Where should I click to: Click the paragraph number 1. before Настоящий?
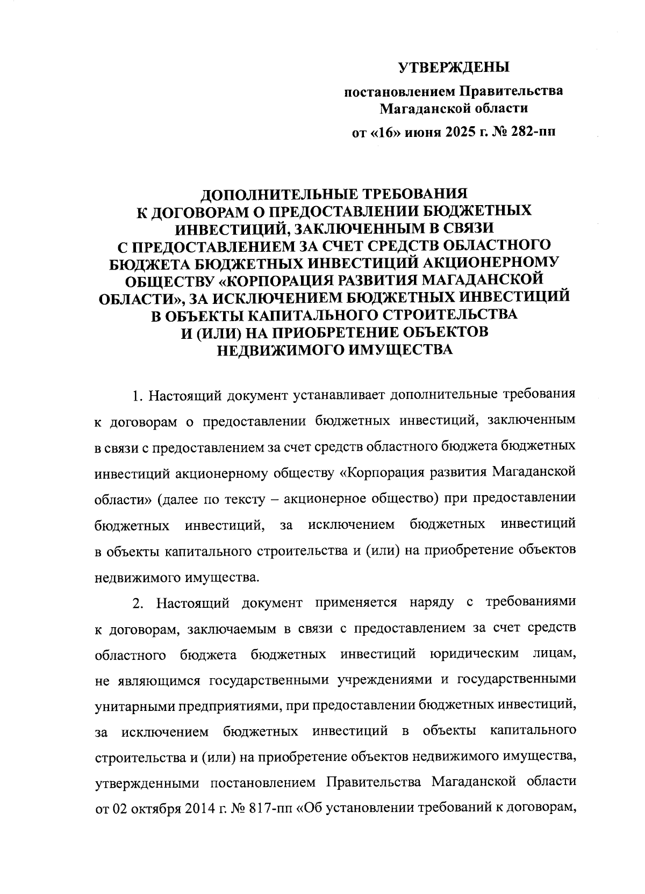138,397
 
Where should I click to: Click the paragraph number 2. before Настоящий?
138,603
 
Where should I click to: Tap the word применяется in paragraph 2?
356,603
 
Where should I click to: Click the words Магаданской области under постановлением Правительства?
454,110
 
